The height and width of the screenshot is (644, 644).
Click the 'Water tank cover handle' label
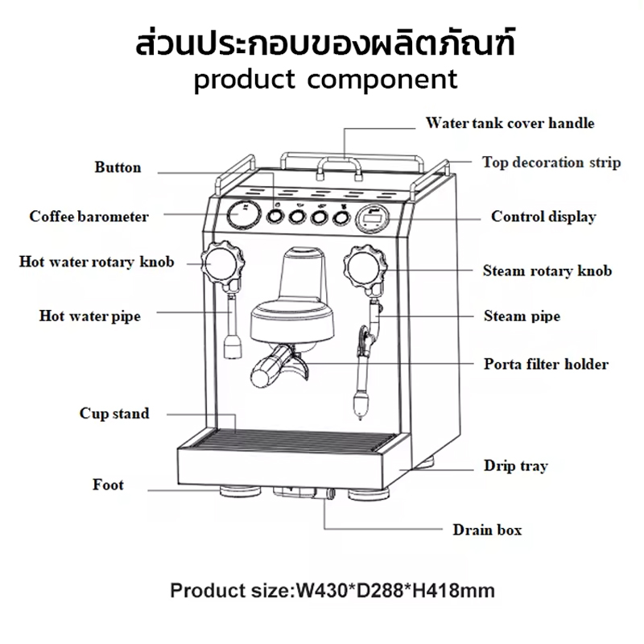click(510, 123)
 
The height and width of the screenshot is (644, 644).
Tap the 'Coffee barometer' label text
click(89, 217)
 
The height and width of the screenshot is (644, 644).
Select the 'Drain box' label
click(487, 530)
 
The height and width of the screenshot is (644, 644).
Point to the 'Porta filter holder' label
click(546, 364)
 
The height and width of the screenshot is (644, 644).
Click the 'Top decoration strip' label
click(551, 162)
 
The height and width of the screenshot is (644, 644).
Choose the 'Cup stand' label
click(114, 414)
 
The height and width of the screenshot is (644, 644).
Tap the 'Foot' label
click(108, 485)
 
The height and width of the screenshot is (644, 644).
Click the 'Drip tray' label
click(516, 465)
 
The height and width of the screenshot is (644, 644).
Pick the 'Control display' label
click(543, 217)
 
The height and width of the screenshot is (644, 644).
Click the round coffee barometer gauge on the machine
click(240, 216)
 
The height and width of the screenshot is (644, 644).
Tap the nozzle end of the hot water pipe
click(232, 348)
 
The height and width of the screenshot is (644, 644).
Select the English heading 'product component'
click(325, 79)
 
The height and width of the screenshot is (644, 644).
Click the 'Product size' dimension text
click(332, 591)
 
